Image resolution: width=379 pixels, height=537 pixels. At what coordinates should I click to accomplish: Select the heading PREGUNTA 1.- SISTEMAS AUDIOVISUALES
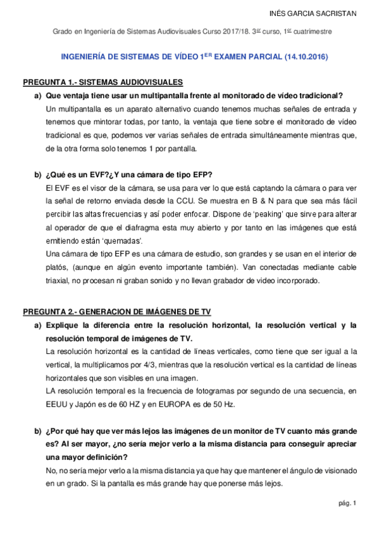point(103,83)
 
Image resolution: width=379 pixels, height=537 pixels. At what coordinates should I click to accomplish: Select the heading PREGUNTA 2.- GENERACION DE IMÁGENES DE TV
point(117,312)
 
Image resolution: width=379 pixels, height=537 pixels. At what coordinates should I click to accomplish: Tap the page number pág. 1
point(347,503)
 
